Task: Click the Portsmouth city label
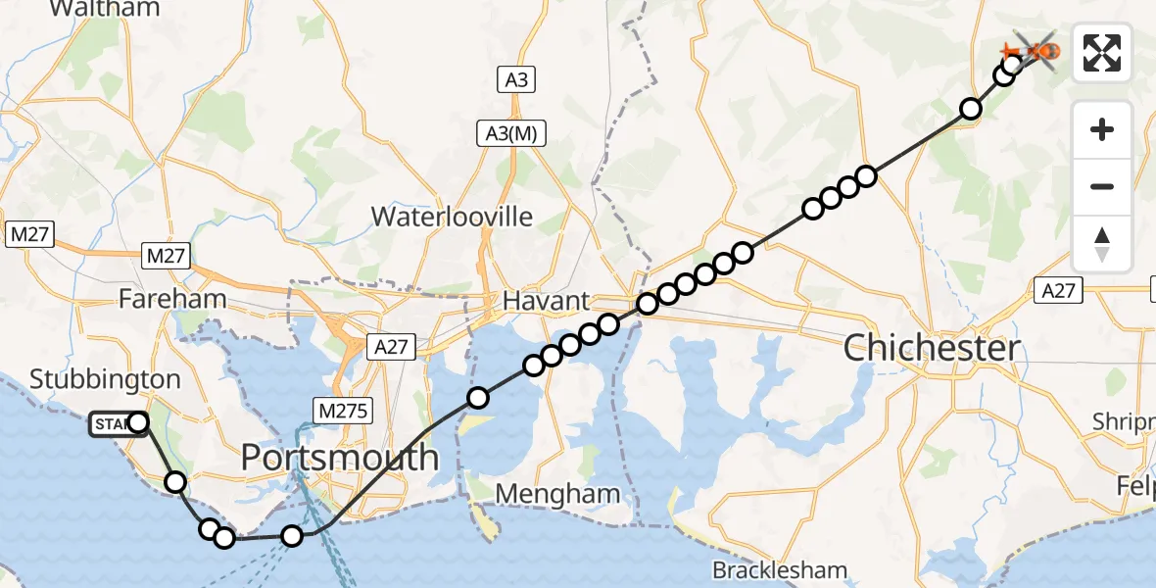pyautogui.click(x=340, y=458)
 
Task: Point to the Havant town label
pyautogui.click(x=546, y=301)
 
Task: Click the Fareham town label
pyautogui.click(x=172, y=299)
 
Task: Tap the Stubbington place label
pyautogui.click(x=105, y=379)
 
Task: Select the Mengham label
pyautogui.click(x=557, y=493)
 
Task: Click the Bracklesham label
pyautogui.click(x=779, y=569)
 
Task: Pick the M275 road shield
pyautogui.click(x=343, y=411)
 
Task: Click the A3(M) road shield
pyautogui.click(x=511, y=134)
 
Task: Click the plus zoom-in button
pyautogui.click(x=1102, y=130)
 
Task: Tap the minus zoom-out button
pyautogui.click(x=1102, y=186)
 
